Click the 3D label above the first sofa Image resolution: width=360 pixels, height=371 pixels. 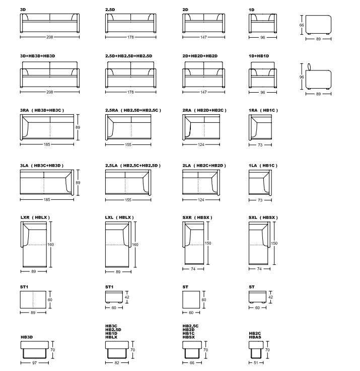point(23,10)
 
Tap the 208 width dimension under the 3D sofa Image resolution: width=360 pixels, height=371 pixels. point(49,37)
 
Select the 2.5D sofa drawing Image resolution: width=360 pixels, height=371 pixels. point(130,23)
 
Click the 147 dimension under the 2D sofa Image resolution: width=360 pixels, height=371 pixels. point(203,37)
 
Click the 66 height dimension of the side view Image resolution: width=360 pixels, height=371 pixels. point(302,25)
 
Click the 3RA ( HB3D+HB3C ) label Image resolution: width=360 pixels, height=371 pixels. point(42,110)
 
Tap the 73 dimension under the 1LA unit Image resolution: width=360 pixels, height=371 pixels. point(260,200)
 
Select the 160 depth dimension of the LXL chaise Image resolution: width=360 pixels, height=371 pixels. point(135,245)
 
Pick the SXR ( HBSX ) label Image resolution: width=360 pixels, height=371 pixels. point(197,217)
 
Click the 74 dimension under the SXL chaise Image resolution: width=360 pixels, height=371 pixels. point(260,269)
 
